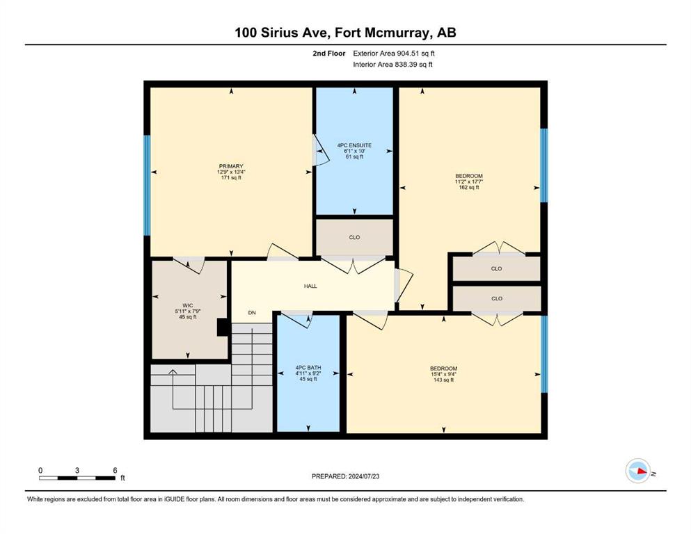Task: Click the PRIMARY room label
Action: tap(231, 172)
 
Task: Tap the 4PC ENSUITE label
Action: tap(354, 151)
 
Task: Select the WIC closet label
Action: tap(188, 311)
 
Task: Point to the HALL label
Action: tap(310, 286)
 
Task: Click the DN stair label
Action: tap(252, 313)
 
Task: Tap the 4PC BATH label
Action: tap(308, 373)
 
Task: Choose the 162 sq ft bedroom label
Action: tap(469, 181)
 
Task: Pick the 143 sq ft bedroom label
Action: tap(443, 374)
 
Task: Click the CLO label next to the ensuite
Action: tap(354, 237)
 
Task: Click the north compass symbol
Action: tap(638, 471)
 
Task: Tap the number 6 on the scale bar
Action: tap(115, 470)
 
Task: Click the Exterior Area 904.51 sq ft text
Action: tap(394, 54)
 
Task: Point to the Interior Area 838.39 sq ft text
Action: tap(392, 64)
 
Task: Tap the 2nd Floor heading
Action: tap(328, 54)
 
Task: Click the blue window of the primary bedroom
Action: tap(147, 185)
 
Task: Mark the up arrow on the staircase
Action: tap(173, 373)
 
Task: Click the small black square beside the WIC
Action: tap(223, 327)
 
